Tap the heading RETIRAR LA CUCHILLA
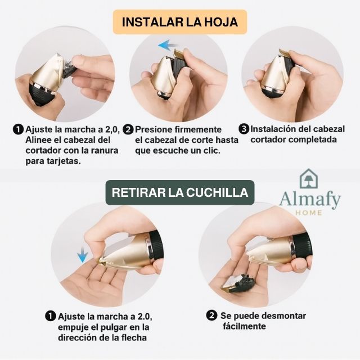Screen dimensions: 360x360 coord(180,192)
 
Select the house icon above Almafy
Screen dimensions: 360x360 coord(309,179)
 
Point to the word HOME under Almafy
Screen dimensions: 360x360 coord(309,213)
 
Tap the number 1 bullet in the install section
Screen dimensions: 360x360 coord(19,129)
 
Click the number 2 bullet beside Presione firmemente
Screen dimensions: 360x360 coord(128,129)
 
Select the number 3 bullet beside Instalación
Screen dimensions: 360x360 coord(244,129)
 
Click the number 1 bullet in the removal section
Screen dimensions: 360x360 coord(51,316)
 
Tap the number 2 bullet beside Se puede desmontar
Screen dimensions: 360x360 coord(212,316)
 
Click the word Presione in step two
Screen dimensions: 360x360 coord(156,129)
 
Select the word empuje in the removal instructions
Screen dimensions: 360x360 coord(73,327)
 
